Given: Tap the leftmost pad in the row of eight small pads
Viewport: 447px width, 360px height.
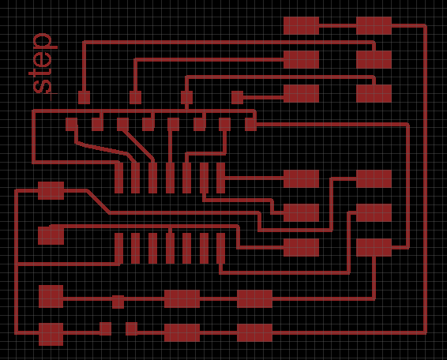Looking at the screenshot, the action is (x=71, y=124).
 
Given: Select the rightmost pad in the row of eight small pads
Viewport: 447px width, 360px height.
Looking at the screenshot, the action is (x=250, y=124).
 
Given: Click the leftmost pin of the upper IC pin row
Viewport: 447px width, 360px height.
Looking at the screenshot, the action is (x=118, y=178).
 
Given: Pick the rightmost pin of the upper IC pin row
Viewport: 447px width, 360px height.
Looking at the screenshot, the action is (x=220, y=178).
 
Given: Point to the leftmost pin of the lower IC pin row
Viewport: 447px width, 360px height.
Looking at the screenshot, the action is (x=118, y=248).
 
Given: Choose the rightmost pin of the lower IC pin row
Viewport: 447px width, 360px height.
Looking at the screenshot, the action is (x=220, y=248).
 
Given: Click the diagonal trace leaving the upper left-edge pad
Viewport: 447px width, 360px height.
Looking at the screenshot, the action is (x=98, y=201).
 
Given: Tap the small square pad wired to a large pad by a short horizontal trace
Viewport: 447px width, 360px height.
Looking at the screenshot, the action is (x=237, y=97).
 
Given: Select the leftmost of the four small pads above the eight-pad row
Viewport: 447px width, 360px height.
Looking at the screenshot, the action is (x=84, y=97).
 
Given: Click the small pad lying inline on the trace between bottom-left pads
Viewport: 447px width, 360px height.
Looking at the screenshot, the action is (x=118, y=302).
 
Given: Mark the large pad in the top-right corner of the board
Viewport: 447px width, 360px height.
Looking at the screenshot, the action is (x=374, y=25).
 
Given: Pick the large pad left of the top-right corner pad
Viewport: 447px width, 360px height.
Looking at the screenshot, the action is (x=301, y=25).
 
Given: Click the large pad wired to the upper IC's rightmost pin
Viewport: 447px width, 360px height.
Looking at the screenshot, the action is (x=301, y=178).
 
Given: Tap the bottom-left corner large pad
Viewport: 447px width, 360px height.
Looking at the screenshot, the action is (x=51, y=334).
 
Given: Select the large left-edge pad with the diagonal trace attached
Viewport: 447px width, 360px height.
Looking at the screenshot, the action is (x=51, y=190).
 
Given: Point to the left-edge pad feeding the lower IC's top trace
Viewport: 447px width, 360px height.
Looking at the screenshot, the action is (x=51, y=235).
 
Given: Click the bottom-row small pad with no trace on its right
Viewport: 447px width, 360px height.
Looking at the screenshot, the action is (x=105, y=328).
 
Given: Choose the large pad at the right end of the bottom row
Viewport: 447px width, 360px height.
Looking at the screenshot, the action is (x=254, y=332).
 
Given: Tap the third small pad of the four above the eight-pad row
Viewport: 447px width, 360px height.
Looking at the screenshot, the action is (x=186, y=97).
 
